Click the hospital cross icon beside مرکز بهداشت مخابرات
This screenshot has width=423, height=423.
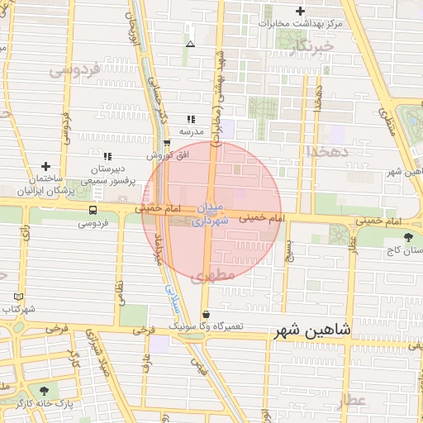(x=300, y=12)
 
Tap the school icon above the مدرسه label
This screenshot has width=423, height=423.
(x=192, y=119)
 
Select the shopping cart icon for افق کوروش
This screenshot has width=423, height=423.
(x=166, y=143)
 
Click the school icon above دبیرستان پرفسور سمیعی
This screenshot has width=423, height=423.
(x=107, y=156)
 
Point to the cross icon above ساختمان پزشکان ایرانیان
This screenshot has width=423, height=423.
(x=46, y=167)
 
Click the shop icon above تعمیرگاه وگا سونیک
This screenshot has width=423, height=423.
(x=205, y=315)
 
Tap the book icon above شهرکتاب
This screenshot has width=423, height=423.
(x=19, y=297)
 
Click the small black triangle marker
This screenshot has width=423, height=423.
(x=191, y=44)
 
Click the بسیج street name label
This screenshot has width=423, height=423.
(x=288, y=245)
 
